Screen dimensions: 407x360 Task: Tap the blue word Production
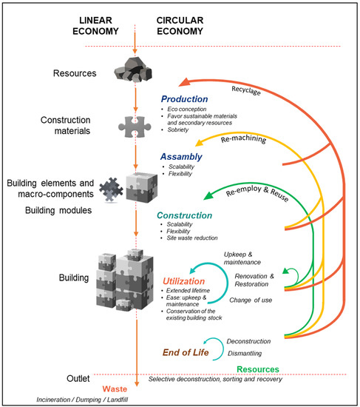pyautogui.click(x=186, y=99)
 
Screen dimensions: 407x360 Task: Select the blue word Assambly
pyautogui.click(x=181, y=157)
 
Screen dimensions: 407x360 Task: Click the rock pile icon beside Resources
pyautogui.click(x=131, y=73)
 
